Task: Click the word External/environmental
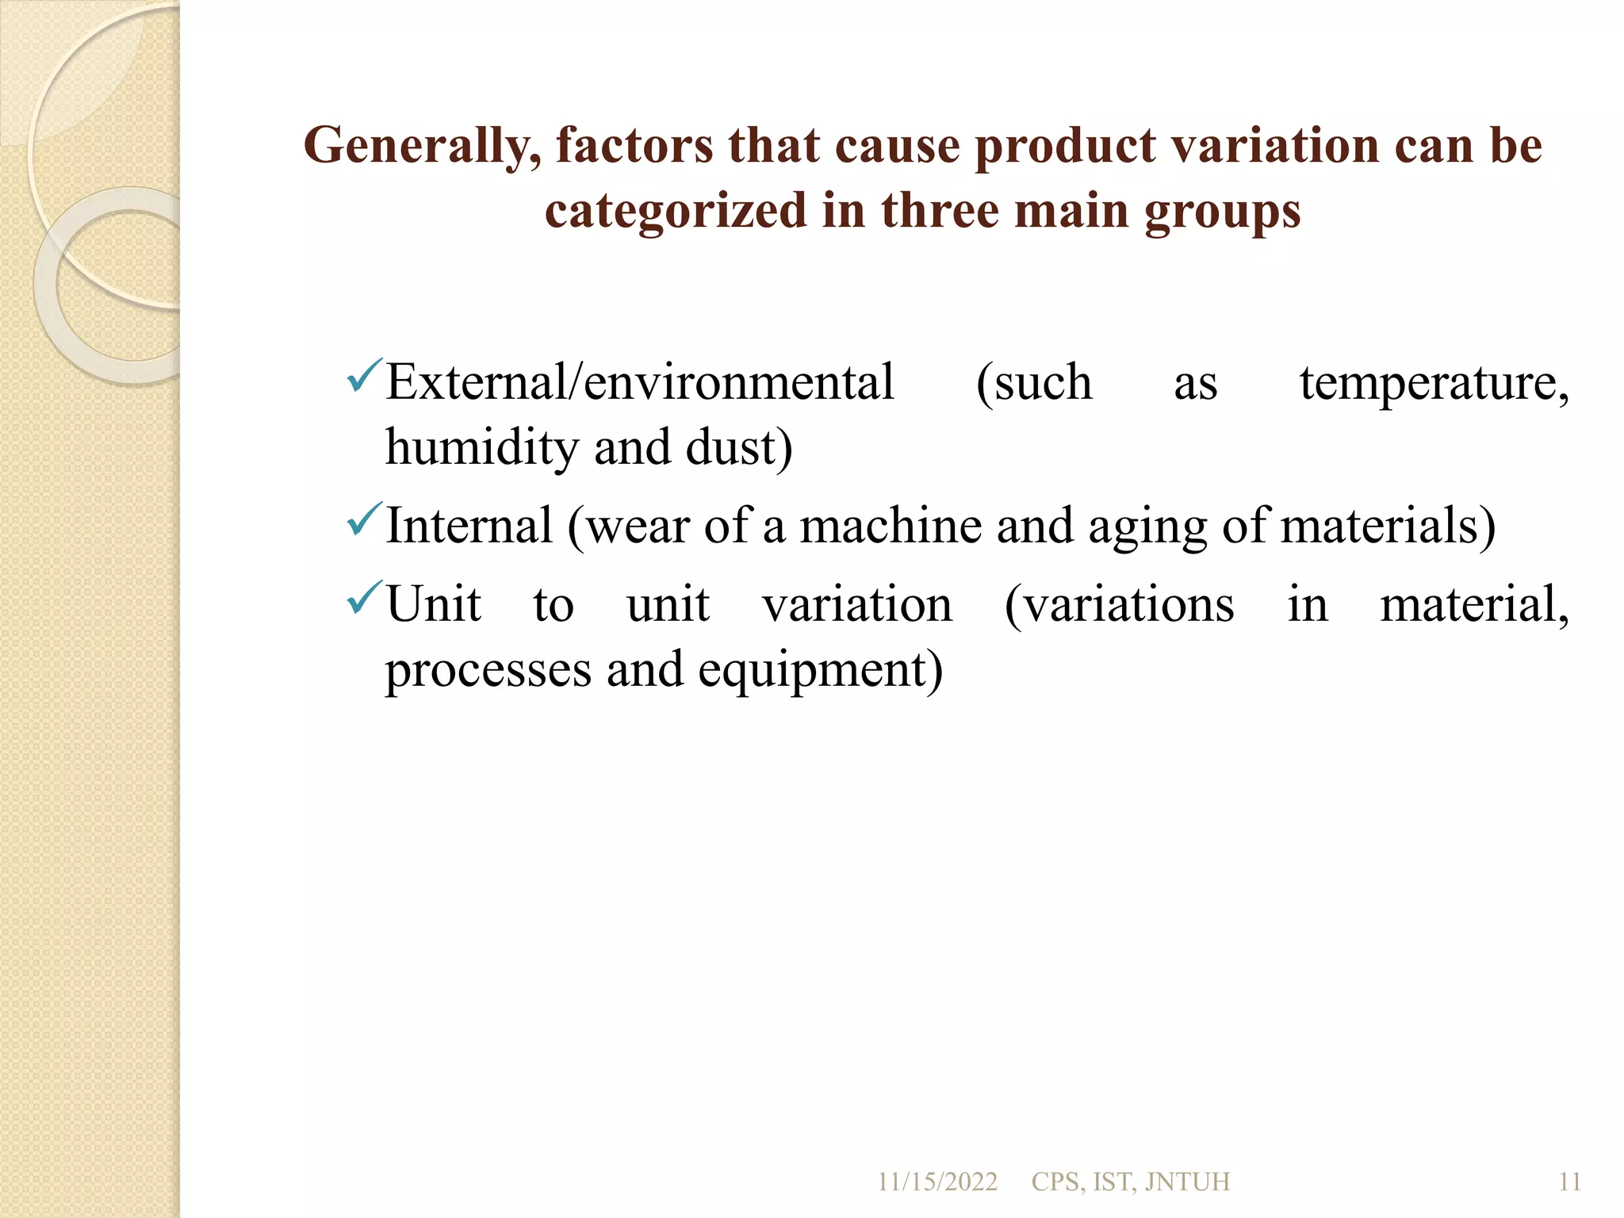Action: tap(640, 382)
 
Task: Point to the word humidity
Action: tap(482, 447)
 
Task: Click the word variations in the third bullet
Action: tap(1120, 605)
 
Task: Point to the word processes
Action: tap(488, 671)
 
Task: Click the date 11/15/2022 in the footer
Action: tap(936, 1182)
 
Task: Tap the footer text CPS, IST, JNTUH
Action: tap(1130, 1182)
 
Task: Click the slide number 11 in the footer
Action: tap(1569, 1182)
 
